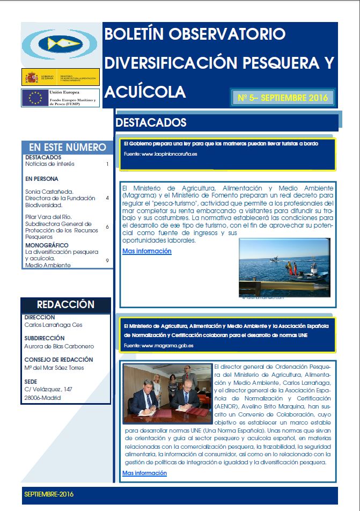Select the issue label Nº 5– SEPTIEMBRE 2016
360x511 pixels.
click(282, 98)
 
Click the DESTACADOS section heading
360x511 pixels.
click(151, 123)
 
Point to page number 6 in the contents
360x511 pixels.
click(107, 227)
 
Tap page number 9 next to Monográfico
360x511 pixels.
click(107, 260)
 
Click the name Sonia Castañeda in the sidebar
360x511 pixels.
click(50, 191)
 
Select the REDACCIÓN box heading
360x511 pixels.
click(66, 304)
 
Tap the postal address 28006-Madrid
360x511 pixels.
click(43, 398)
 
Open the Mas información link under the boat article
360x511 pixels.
click(146, 251)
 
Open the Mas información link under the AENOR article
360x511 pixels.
click(144, 473)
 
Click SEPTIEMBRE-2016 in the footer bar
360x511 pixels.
click(49, 494)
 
